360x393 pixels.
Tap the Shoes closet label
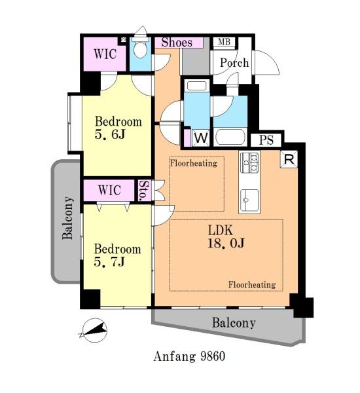pyautogui.click(x=177, y=43)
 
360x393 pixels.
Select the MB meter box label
pyautogui.click(x=224, y=42)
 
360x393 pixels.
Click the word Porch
pyautogui.click(x=234, y=63)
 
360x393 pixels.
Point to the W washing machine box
pyautogui.click(x=201, y=138)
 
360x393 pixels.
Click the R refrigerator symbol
pyautogui.click(x=289, y=159)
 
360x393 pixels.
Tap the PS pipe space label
pyautogui.click(x=266, y=140)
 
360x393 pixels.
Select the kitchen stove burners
pyautogui.click(x=249, y=162)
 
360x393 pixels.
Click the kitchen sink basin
pyautogui.click(x=249, y=200)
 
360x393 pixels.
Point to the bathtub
pyautogui.click(x=230, y=137)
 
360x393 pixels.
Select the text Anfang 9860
pyautogui.click(x=189, y=356)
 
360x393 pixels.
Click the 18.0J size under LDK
pyautogui.click(x=226, y=243)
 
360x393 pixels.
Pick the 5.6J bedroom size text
pyautogui.click(x=110, y=134)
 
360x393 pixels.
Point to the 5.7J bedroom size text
pyautogui.click(x=109, y=262)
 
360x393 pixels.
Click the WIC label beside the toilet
pyautogui.click(x=105, y=54)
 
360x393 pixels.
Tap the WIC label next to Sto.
pyautogui.click(x=109, y=190)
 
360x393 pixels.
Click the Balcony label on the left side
pyautogui.click(x=67, y=218)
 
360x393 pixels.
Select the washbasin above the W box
pyautogui.click(x=196, y=86)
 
